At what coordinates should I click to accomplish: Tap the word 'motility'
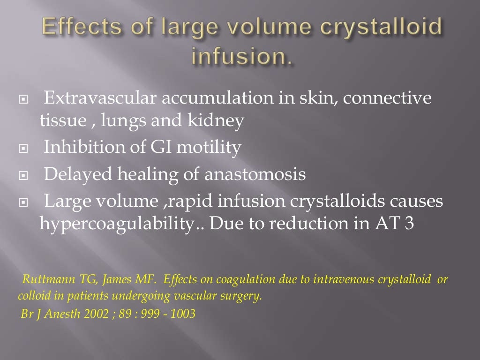click(x=210, y=148)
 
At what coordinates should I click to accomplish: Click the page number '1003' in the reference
click(x=183, y=314)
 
